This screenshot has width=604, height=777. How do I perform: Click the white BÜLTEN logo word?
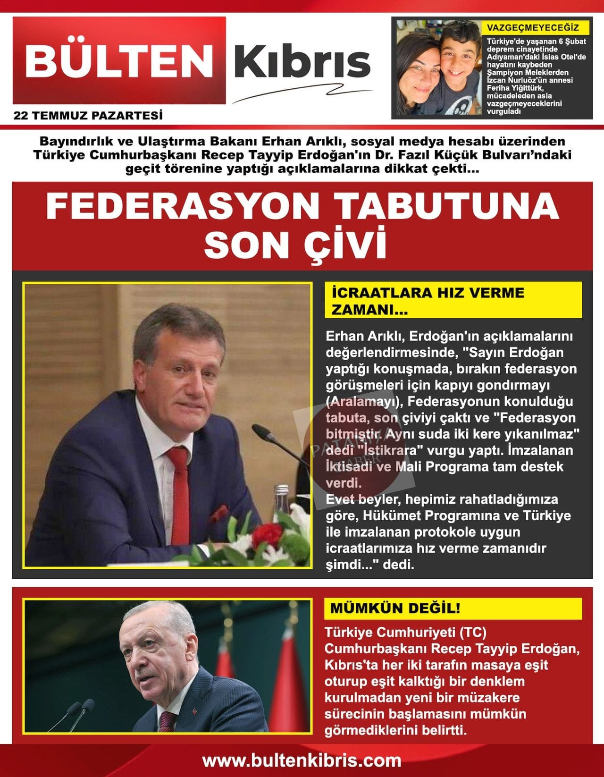coord(119,60)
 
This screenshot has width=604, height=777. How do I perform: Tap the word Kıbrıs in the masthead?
coord(302,61)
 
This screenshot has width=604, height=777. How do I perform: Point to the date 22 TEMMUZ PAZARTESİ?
coord(88,115)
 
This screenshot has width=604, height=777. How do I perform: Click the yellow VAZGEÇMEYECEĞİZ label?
coord(536,27)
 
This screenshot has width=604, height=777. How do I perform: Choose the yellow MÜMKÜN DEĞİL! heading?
coord(395,608)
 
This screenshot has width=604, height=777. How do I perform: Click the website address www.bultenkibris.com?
coord(302,760)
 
